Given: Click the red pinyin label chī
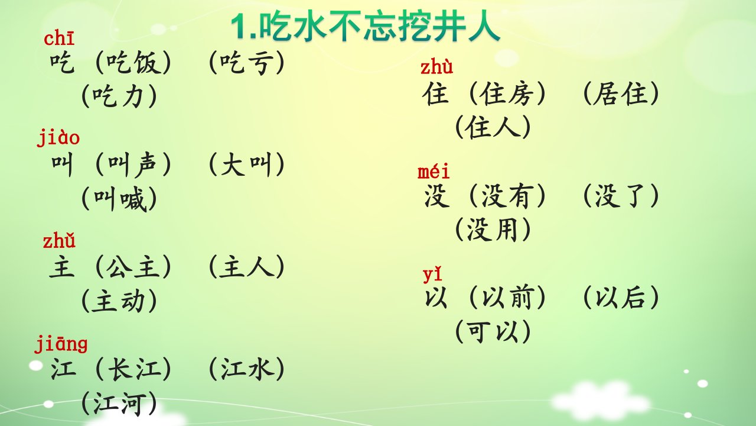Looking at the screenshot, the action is tap(59, 38).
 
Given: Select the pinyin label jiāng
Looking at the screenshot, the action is tap(61, 344).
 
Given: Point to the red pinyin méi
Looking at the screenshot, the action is tap(434, 171).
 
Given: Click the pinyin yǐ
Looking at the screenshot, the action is tap(432, 274).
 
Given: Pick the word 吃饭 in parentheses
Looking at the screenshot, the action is tap(133, 63).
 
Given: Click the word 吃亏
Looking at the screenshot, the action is tap(247, 63).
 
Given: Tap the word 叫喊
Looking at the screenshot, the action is tap(119, 199).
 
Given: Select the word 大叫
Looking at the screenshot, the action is tap(247, 164).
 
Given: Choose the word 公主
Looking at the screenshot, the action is tap(133, 267).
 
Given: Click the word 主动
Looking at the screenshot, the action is tap(119, 301).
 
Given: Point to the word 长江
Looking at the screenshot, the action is tap(133, 369).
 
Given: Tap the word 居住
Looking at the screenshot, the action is tap(621, 93).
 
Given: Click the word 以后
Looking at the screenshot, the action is tap(621, 298).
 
